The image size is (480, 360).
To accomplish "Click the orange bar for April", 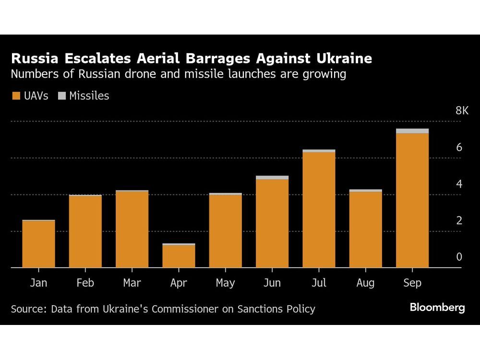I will coord(179,256).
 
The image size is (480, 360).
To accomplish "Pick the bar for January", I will coord(38,244).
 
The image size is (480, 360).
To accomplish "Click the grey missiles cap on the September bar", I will coord(412,131).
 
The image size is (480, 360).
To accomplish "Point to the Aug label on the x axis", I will coord(365,283).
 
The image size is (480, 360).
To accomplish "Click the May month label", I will coord(225,283).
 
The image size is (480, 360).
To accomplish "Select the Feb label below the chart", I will coord(85,283).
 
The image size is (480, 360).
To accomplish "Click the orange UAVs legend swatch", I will coord(15,96).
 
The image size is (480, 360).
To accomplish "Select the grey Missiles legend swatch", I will coord(61,96).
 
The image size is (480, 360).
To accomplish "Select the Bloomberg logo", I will coord(437,308).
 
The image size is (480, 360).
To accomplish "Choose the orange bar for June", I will coord(272,223).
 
